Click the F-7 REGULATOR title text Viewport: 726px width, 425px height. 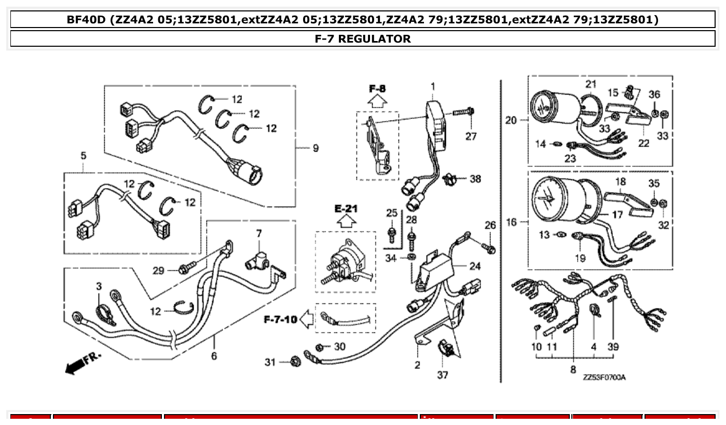pos(362,38)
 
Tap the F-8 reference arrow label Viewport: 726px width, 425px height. pos(377,89)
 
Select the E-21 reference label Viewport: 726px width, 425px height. pos(346,209)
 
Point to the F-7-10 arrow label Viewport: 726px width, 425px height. pos(281,319)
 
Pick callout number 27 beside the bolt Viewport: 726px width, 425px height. pos(470,137)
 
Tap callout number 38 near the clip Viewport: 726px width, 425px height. pos(475,179)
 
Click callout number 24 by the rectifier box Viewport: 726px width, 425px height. pos(475,266)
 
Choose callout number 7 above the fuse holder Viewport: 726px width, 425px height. pos(259,234)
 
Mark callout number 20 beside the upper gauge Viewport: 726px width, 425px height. pos(511,121)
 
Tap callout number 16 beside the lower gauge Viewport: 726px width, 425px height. pos(511,222)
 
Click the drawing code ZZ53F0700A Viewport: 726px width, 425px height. pos(604,377)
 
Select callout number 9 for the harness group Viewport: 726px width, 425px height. pos(316,149)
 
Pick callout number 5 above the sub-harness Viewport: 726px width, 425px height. pos(84,155)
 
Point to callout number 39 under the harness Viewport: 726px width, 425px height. pos(613,347)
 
